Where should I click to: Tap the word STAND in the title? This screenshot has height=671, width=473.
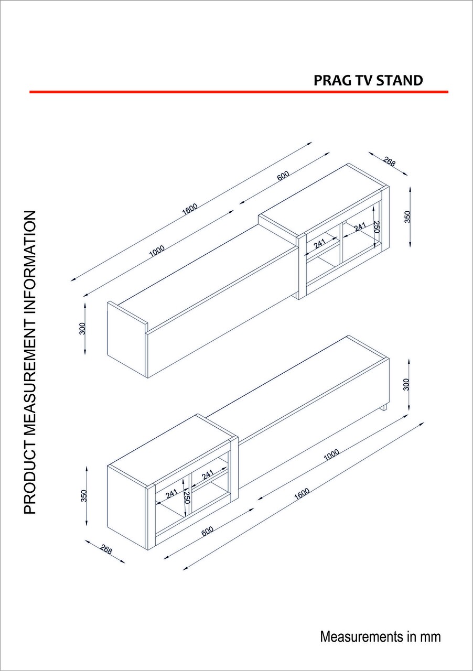pos(399,81)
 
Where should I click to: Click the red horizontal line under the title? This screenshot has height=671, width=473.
pos(239,92)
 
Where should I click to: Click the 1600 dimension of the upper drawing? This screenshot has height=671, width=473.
pos(190,209)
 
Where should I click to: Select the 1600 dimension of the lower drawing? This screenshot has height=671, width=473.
pos(302,494)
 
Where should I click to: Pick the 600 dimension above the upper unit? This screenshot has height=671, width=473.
pos(283,176)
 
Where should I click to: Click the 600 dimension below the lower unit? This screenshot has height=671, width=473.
pos(207,531)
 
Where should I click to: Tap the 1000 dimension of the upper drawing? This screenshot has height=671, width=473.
pos(157,251)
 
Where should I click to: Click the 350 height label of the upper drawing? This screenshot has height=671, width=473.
pos(407,217)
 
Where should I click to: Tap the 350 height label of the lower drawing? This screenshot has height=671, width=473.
pos(84,496)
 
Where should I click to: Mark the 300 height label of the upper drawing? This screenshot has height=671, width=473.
pos(83,329)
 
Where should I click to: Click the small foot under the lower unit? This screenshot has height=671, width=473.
pos(384,407)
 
